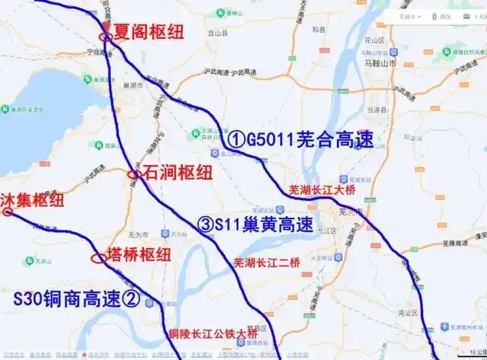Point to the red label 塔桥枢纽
pyautogui.click(x=138, y=255)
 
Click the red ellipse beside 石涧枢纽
pyautogui.click(x=133, y=174)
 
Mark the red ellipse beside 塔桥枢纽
pyautogui.click(x=99, y=257)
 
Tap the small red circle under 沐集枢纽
pyautogui.click(x=8, y=212)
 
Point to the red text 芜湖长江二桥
pyautogui.click(x=266, y=263)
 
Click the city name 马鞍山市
pyautogui.click(x=396, y=66)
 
